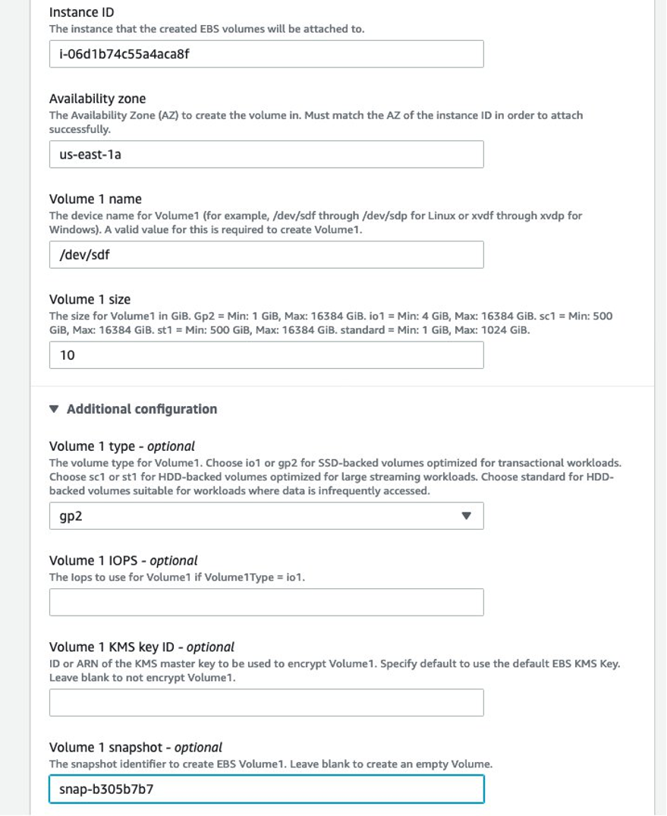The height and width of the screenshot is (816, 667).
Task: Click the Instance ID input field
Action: coord(266,54)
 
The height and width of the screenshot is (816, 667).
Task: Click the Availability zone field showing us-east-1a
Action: coord(266,154)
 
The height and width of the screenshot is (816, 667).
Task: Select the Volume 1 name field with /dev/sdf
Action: coord(266,254)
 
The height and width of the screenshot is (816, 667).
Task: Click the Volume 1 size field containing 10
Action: coord(266,354)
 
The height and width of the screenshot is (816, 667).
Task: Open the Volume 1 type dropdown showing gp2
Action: coord(266,515)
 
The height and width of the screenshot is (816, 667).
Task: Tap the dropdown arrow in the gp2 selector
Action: coord(467,515)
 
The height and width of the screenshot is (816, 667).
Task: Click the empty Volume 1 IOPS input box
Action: coord(266,602)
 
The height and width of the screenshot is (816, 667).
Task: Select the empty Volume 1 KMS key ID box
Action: coord(266,702)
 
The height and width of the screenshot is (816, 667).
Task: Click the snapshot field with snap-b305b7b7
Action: coord(266,789)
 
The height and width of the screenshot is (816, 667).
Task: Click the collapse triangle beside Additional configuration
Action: coord(53,409)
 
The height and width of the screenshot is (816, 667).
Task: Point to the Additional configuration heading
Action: coord(141,409)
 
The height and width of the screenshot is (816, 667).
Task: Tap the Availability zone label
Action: coord(97,99)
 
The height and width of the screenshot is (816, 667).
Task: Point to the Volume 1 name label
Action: coord(95,199)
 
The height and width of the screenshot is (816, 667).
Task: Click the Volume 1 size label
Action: coord(90,299)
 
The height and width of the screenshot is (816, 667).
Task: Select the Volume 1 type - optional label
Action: coord(121,446)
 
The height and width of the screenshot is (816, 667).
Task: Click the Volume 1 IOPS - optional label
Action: coord(123,560)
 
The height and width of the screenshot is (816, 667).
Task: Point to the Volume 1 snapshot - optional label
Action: coord(135,747)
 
